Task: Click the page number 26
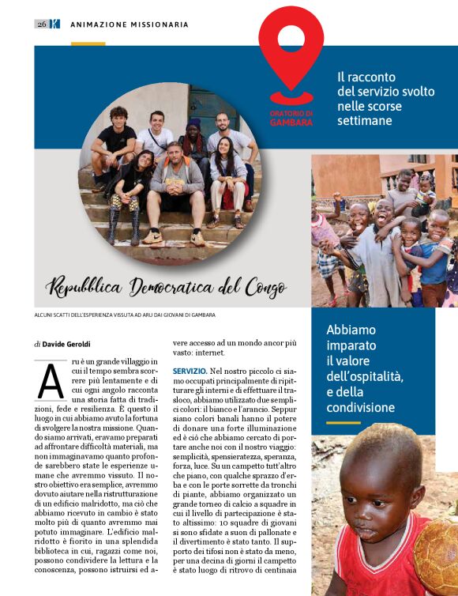click(41, 24)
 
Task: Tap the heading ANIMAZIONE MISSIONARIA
click(130, 25)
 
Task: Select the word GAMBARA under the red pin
click(291, 123)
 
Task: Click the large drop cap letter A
click(51, 383)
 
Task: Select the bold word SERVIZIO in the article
click(190, 371)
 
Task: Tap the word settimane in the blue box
click(364, 121)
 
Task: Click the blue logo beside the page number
click(54, 24)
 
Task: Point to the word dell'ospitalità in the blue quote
click(365, 376)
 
